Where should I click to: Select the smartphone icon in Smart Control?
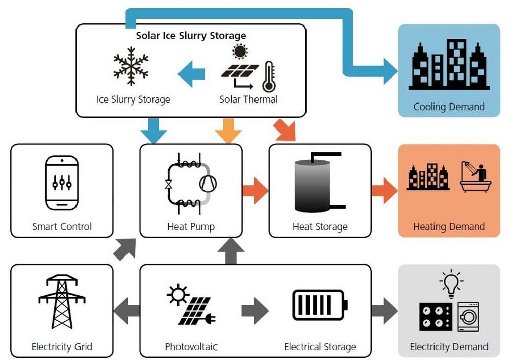62,183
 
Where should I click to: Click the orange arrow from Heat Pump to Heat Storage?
255,191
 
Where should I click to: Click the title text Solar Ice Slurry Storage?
191,36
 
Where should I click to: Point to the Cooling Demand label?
449,107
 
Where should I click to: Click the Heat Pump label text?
191,226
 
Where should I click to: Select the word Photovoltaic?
191,347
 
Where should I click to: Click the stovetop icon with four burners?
435,318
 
